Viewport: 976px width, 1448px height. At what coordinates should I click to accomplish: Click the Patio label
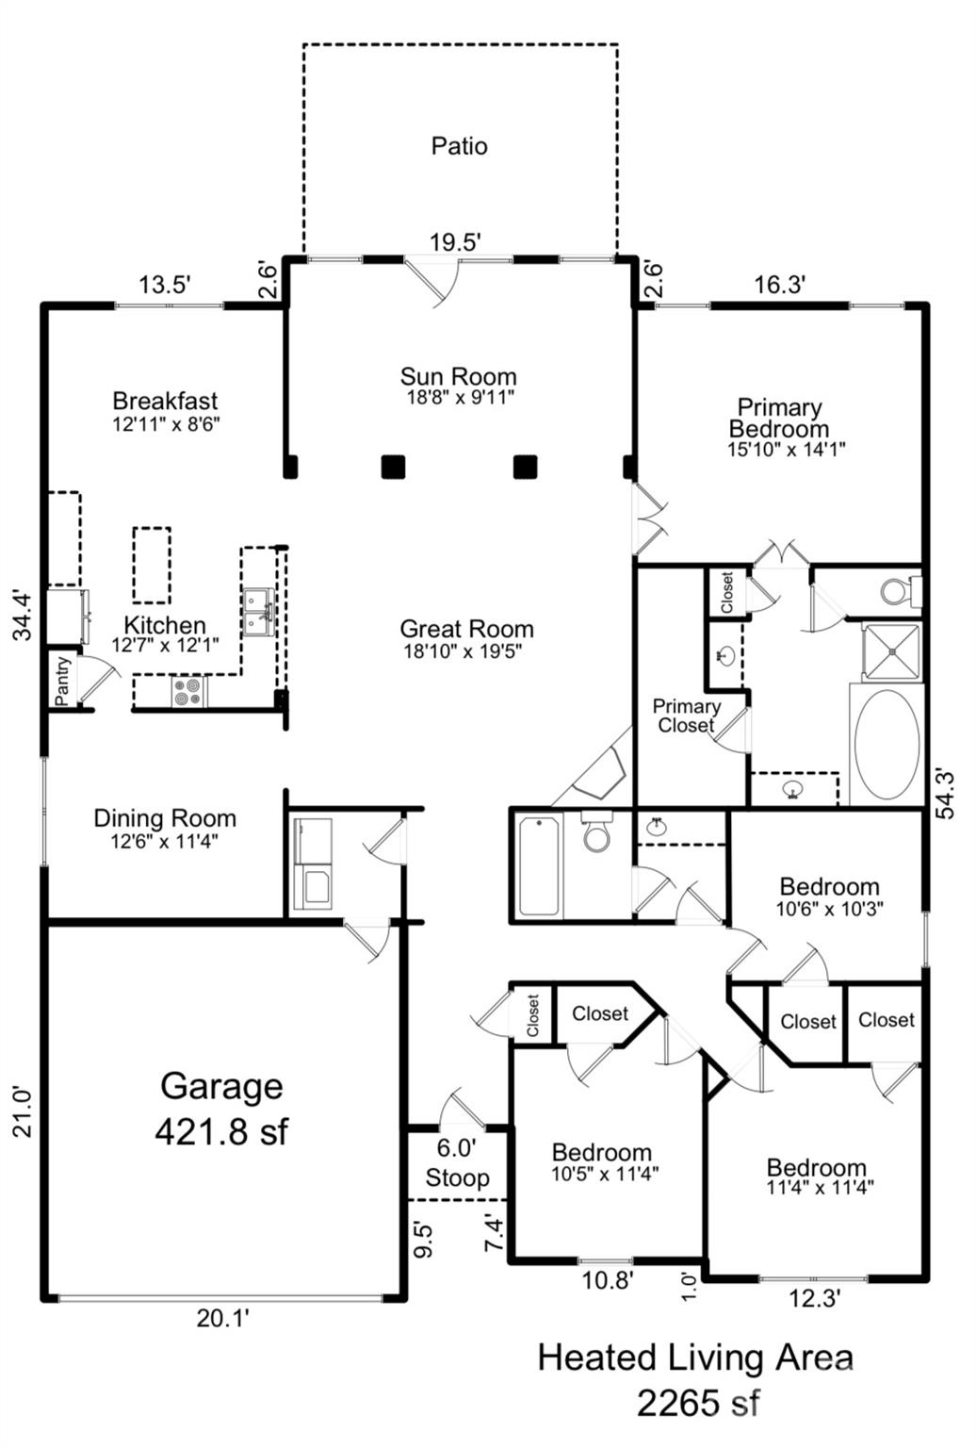459,146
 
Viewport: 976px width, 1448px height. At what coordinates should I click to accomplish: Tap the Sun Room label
459,376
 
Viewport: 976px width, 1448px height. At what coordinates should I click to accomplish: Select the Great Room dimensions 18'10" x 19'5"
463,651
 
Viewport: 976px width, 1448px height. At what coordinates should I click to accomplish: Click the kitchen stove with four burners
189,692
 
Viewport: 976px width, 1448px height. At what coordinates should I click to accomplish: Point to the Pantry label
62,681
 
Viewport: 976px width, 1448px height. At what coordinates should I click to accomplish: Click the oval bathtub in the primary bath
887,744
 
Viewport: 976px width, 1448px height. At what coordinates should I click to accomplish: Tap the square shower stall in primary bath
890,651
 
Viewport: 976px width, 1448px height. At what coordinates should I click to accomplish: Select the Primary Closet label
686,716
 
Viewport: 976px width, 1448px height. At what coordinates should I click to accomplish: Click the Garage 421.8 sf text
221,1108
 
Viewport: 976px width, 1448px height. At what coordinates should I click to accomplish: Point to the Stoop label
457,1177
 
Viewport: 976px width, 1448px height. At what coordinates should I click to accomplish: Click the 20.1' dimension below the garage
223,1318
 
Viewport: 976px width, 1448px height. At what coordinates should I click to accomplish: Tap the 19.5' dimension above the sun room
456,243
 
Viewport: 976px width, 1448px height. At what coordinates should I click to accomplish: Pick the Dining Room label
165,818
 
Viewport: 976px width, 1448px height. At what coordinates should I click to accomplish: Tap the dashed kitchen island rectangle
152,565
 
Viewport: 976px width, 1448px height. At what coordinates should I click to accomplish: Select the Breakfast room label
165,401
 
